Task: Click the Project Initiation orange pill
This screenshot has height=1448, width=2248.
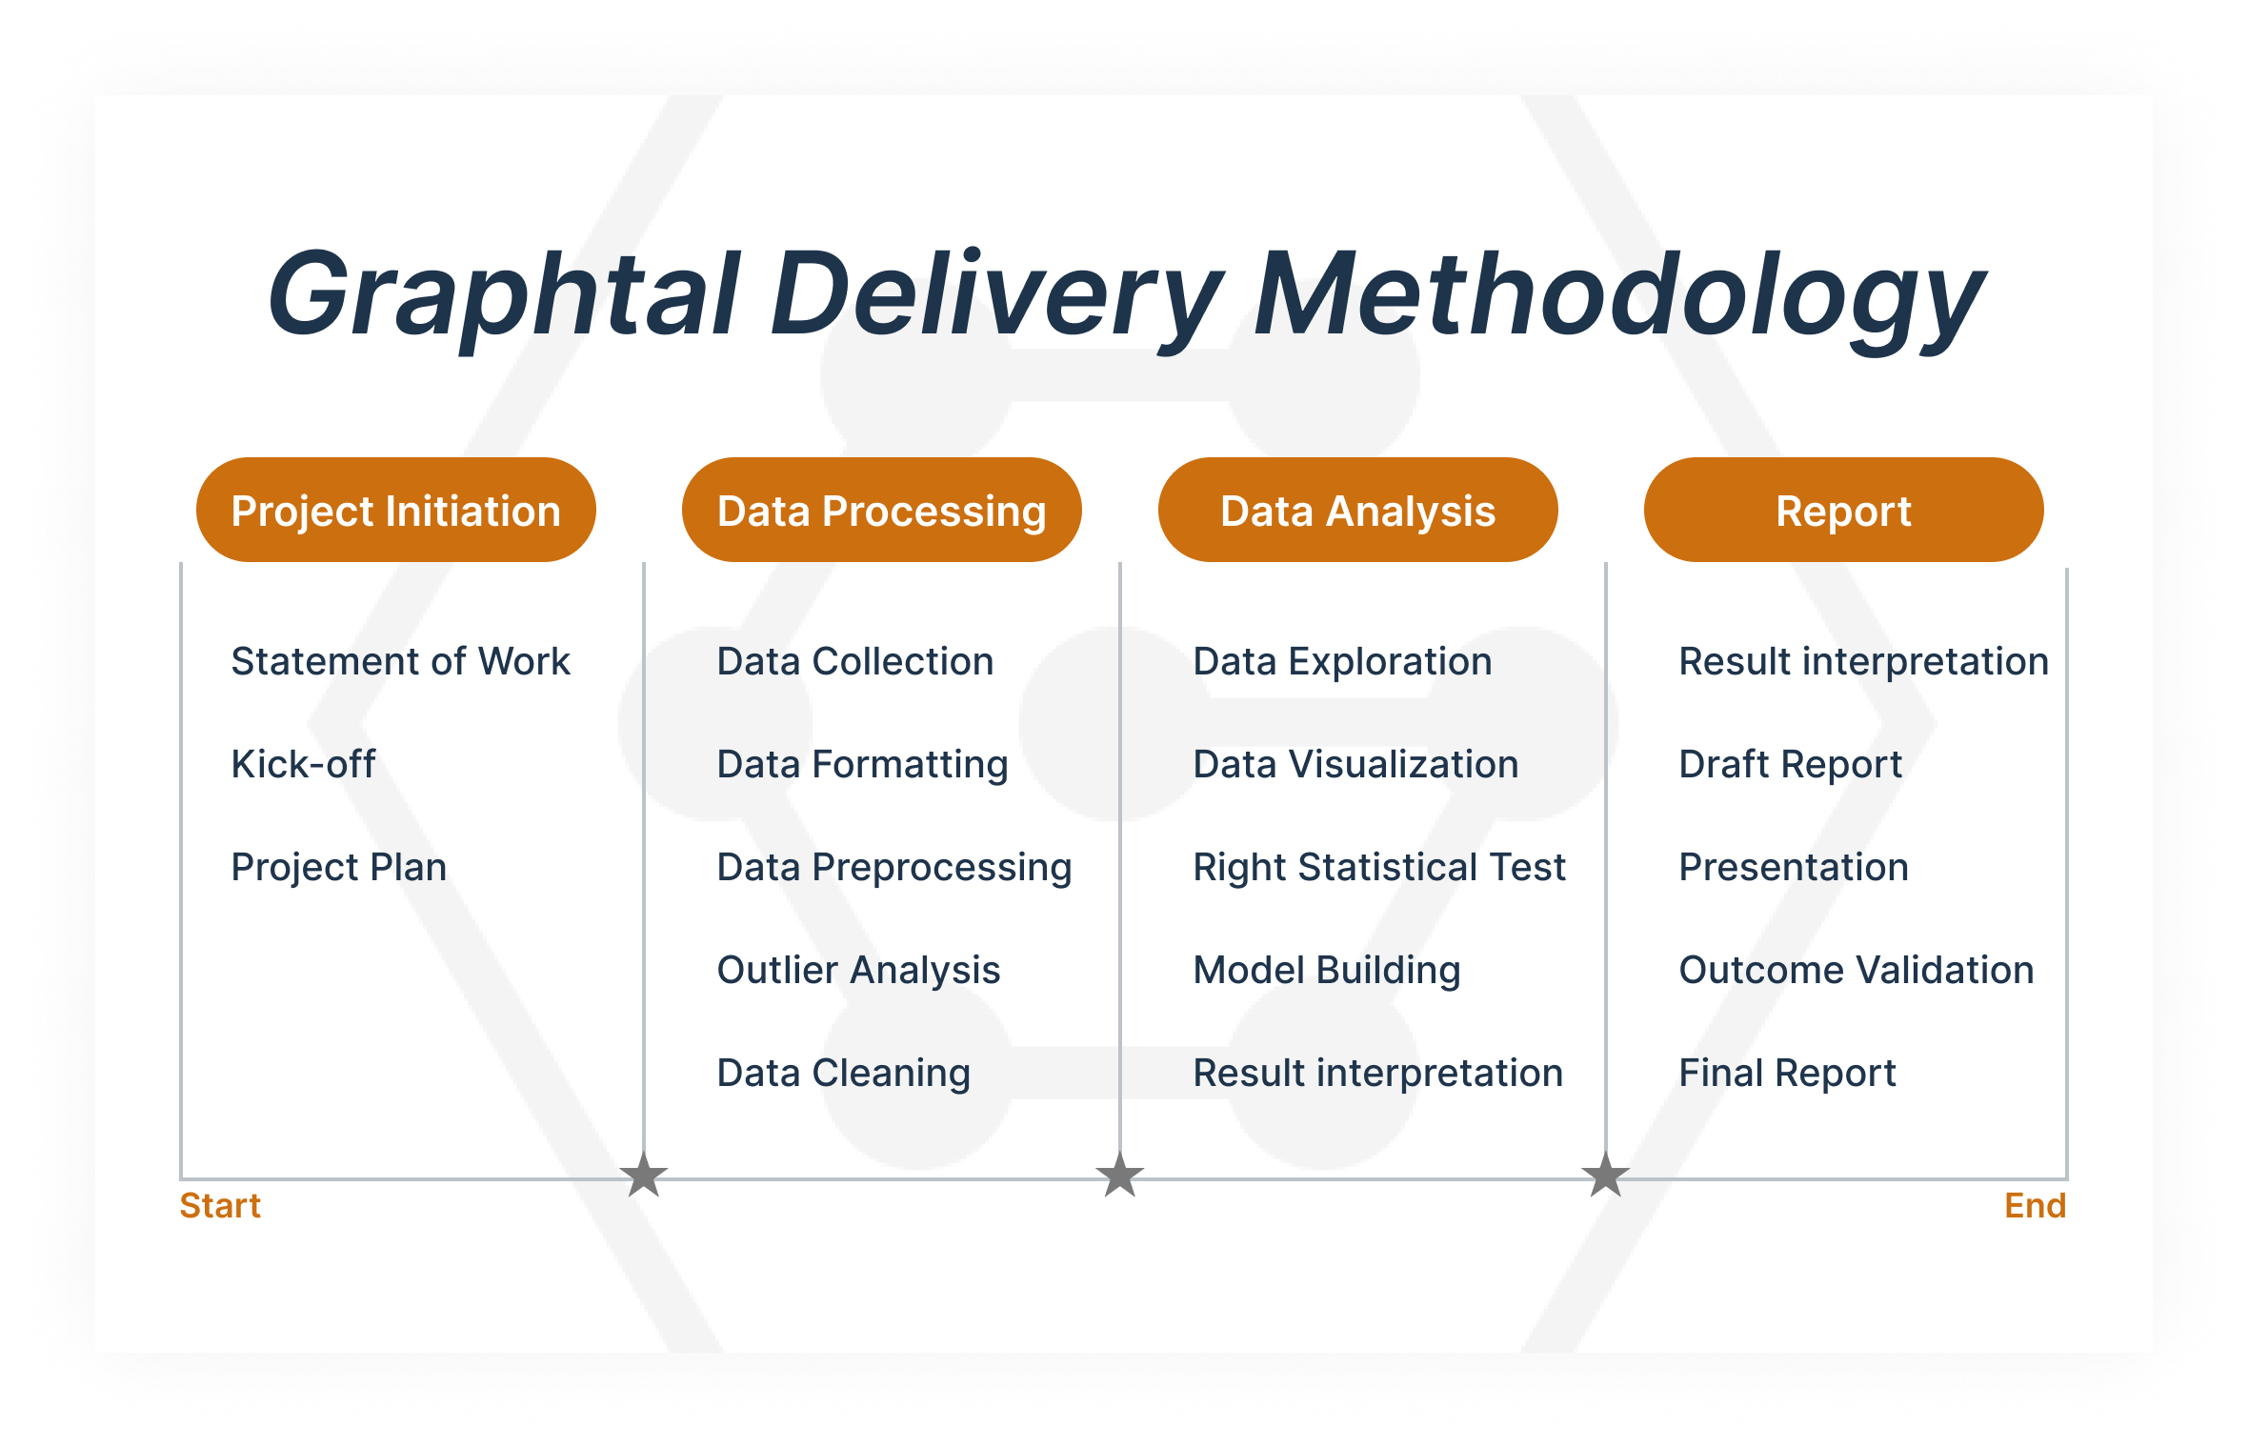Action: pyautogui.click(x=395, y=511)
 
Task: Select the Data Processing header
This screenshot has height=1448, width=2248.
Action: pyautogui.click(x=881, y=511)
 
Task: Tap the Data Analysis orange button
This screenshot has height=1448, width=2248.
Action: pyautogui.click(x=1357, y=511)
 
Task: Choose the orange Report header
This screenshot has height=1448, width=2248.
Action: pyautogui.click(x=1843, y=511)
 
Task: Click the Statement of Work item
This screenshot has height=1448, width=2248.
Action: pyautogui.click(x=400, y=661)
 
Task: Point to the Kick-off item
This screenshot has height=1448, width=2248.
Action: pyautogui.click(x=303, y=764)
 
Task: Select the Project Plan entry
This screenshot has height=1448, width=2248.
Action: pyautogui.click(x=338, y=867)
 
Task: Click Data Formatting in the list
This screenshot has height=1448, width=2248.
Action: pyautogui.click(x=862, y=764)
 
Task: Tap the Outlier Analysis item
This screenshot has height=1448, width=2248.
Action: pyautogui.click(x=858, y=970)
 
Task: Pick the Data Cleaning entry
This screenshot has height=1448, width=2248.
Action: pyautogui.click(x=843, y=1073)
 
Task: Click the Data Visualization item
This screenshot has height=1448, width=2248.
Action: pyautogui.click(x=1355, y=764)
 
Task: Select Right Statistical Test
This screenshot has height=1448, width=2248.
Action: pyautogui.click(x=1379, y=867)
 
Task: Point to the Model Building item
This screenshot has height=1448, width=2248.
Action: pyautogui.click(x=1327, y=970)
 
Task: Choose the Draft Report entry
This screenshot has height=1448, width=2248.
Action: pyautogui.click(x=1790, y=764)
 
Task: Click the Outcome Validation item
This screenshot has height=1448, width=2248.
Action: pyautogui.click(x=1856, y=970)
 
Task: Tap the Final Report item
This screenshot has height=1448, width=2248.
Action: pyautogui.click(x=1787, y=1073)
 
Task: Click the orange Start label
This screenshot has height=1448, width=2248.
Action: pyautogui.click(x=220, y=1206)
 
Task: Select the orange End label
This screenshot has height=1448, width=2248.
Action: pyautogui.click(x=2035, y=1206)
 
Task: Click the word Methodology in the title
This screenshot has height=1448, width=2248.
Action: pyautogui.click(x=1619, y=295)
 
